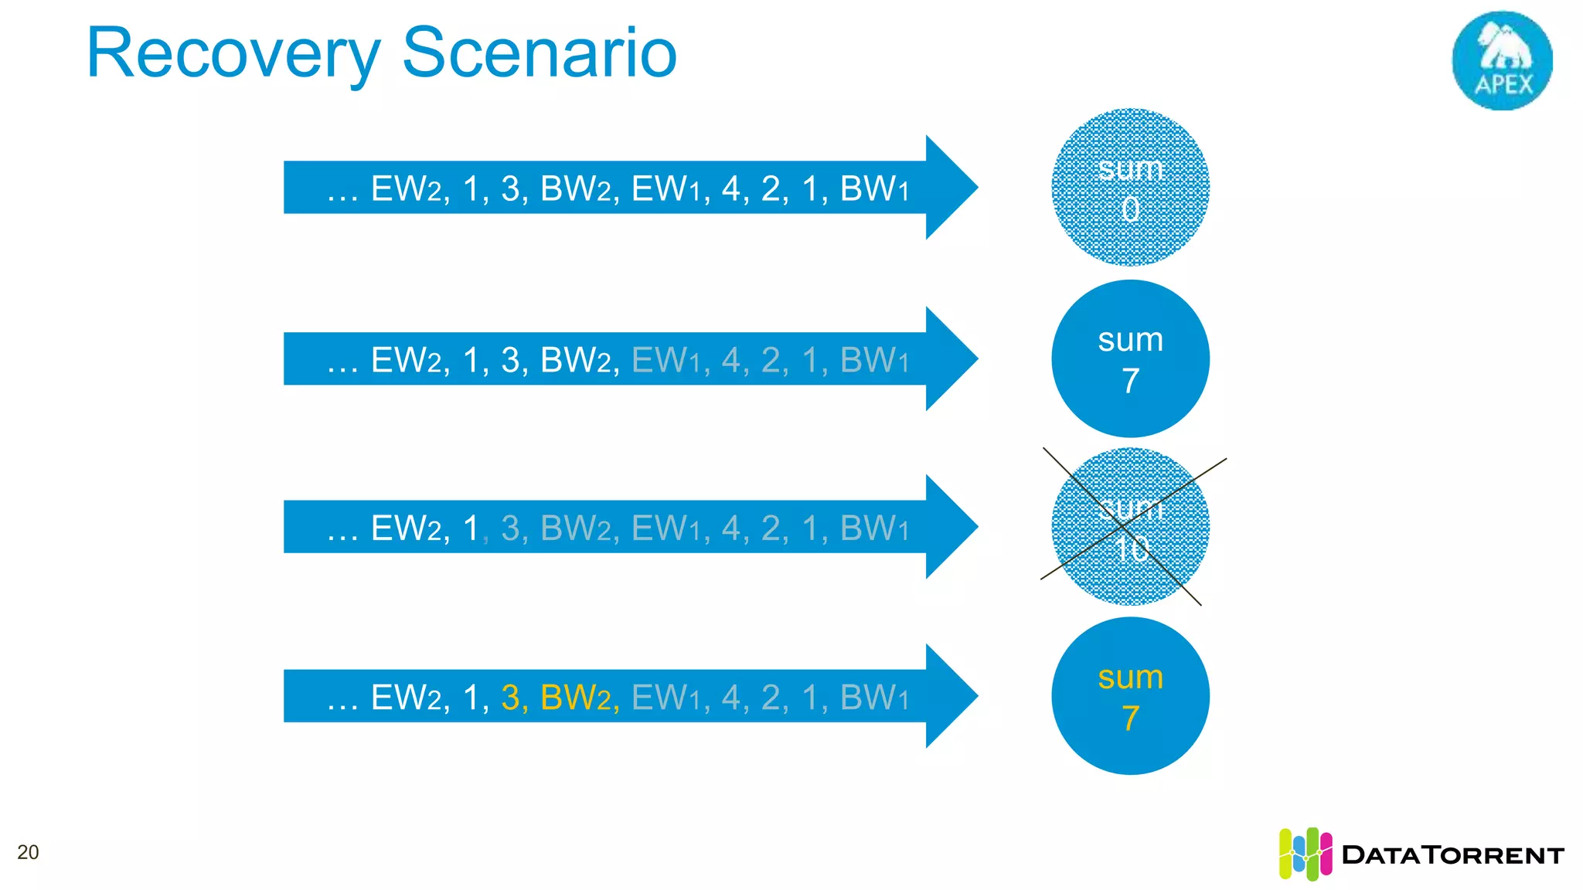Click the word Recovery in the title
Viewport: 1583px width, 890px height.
pyautogui.click(x=232, y=54)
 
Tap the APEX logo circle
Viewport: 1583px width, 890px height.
pyautogui.click(x=1502, y=60)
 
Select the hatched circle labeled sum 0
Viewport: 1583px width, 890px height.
pyautogui.click(x=1130, y=188)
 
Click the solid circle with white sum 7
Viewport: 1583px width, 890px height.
pyautogui.click(x=1130, y=359)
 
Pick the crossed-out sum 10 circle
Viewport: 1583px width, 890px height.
pyautogui.click(x=1130, y=527)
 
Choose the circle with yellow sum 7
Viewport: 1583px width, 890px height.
pyautogui.click(x=1130, y=696)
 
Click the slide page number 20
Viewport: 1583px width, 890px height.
pyautogui.click(x=28, y=852)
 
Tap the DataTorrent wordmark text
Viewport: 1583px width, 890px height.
pyautogui.click(x=1452, y=855)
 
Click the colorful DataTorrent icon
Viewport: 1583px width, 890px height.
pyautogui.click(x=1305, y=854)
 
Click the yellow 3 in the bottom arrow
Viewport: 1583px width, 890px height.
pyautogui.click(x=510, y=698)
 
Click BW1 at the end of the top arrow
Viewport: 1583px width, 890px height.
pyautogui.click(x=873, y=189)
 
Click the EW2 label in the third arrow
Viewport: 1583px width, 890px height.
pyautogui.click(x=406, y=528)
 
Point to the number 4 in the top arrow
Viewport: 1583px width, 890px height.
pyautogui.click(x=730, y=189)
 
